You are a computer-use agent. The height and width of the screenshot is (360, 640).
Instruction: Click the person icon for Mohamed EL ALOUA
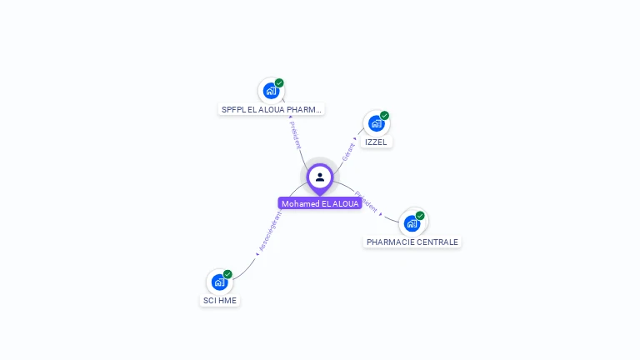pyautogui.click(x=320, y=177)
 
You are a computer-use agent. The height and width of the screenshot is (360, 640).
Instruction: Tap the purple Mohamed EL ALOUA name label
pyautogui.click(x=320, y=203)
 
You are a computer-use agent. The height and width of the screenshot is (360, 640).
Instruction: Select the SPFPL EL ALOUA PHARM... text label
pyautogui.click(x=272, y=109)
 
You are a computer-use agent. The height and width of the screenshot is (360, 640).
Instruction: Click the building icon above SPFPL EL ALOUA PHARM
pyautogui.click(x=270, y=91)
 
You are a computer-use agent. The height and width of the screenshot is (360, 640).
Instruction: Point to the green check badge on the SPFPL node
pyautogui.click(x=279, y=82)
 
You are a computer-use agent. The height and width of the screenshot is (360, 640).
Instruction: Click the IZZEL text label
pyautogui.click(x=376, y=142)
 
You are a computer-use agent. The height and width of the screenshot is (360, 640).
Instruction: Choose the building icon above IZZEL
pyautogui.click(x=376, y=123)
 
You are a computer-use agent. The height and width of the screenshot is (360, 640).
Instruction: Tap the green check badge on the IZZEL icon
pyautogui.click(x=384, y=115)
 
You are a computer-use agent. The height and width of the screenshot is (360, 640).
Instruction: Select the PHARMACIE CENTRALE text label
pyautogui.click(x=412, y=242)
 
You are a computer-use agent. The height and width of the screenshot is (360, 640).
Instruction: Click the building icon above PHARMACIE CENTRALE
pyautogui.click(x=412, y=223)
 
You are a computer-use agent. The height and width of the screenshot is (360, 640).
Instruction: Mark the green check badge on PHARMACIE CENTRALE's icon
pyautogui.click(x=420, y=216)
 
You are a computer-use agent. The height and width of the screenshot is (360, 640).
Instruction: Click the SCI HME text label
pyautogui.click(x=220, y=300)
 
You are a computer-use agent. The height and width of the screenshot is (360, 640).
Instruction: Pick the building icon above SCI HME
pyautogui.click(x=219, y=282)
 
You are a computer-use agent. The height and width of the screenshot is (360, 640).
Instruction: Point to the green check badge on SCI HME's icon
pyautogui.click(x=227, y=274)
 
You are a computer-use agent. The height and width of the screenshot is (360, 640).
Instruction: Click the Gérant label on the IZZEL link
pyautogui.click(x=348, y=152)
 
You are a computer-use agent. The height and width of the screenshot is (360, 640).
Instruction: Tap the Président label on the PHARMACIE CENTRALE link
pyautogui.click(x=367, y=201)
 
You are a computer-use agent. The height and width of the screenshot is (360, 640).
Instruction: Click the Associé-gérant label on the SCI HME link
pyautogui.click(x=270, y=231)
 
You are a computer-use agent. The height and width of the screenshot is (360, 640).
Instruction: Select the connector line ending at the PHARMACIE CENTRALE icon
pyautogui.click(x=390, y=218)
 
